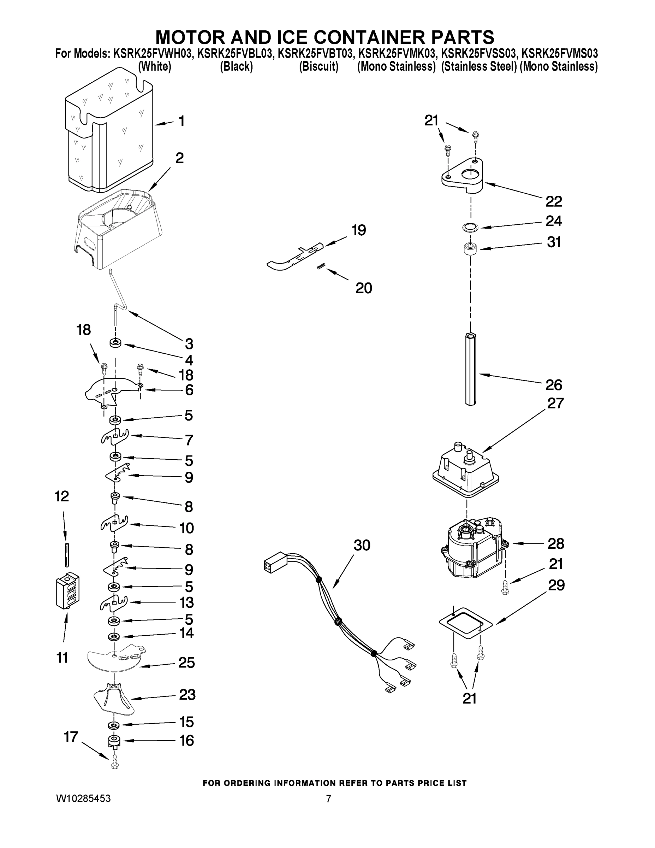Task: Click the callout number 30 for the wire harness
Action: click(x=362, y=545)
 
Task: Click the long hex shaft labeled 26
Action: click(x=470, y=369)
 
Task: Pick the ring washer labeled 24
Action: click(x=470, y=228)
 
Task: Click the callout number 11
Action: click(x=62, y=658)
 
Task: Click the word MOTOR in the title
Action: click(x=184, y=37)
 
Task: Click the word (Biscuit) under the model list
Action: click(x=318, y=67)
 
